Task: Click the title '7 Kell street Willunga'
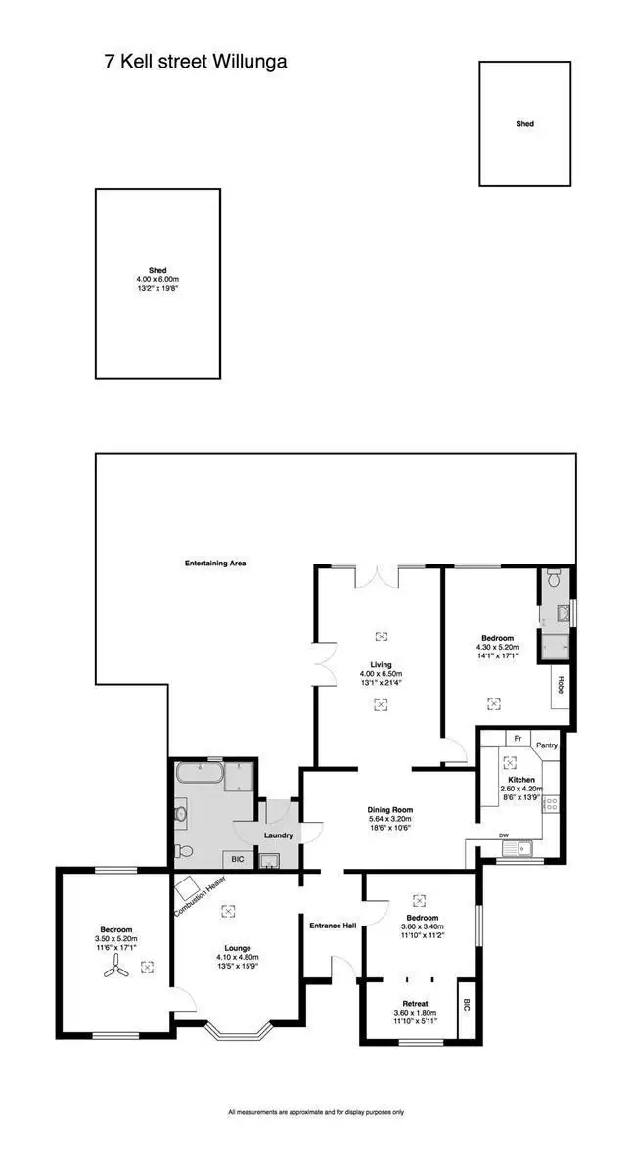pyautogui.click(x=196, y=62)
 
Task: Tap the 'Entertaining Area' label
pyautogui.click(x=214, y=564)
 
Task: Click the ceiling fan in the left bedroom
pyautogui.click(x=115, y=969)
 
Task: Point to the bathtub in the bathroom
pyautogui.click(x=200, y=778)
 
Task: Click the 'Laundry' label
pyautogui.click(x=279, y=835)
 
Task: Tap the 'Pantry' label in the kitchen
pyautogui.click(x=546, y=745)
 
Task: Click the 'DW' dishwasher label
pyautogui.click(x=504, y=835)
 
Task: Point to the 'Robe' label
pyautogui.click(x=561, y=684)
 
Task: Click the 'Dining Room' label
pyautogui.click(x=390, y=810)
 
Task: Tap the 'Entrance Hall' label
pyautogui.click(x=332, y=926)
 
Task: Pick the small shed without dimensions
pyautogui.click(x=524, y=124)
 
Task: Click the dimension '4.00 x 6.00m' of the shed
pyautogui.click(x=157, y=279)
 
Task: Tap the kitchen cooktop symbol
pyautogui.click(x=551, y=804)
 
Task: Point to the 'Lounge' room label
pyautogui.click(x=237, y=948)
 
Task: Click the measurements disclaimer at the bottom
pyautogui.click(x=316, y=1112)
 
